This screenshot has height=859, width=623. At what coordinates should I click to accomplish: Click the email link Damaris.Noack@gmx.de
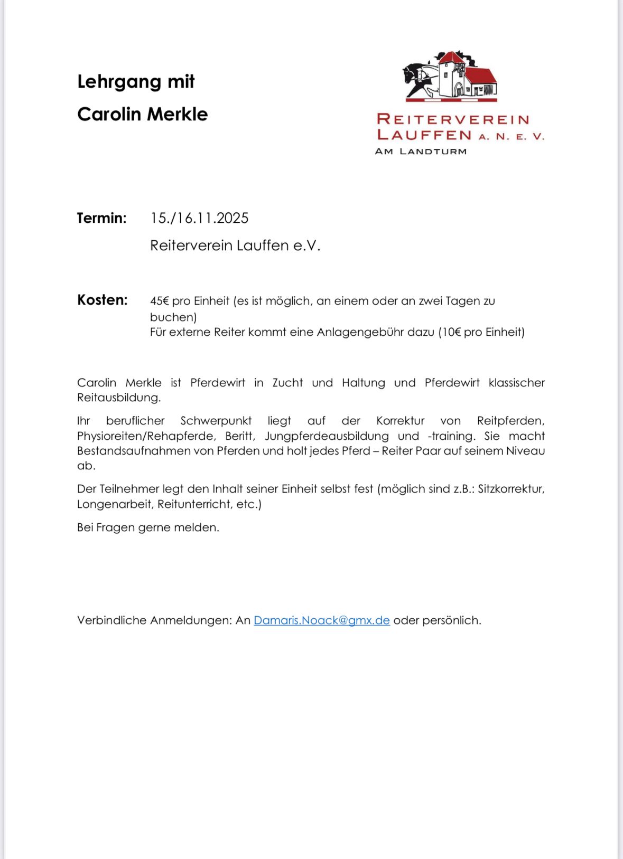point(321,620)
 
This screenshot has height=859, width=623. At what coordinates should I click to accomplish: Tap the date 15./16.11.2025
point(199,218)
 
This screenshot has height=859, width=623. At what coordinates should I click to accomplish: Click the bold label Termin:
point(102,218)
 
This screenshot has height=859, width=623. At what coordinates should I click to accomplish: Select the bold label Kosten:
point(103,300)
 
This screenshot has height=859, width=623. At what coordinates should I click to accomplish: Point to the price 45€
point(160,301)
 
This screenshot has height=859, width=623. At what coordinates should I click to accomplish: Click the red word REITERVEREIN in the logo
point(453,119)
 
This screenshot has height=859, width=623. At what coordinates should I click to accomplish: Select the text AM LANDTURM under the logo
point(421,152)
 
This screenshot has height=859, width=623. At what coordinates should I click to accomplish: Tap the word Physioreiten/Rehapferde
point(146,436)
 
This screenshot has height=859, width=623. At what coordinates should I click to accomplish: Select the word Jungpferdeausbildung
point(327,436)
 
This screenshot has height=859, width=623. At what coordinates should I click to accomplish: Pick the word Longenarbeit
point(114,504)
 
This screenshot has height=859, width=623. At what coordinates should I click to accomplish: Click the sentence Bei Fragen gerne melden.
point(148,527)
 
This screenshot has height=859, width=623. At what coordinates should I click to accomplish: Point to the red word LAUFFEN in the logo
point(424,135)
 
